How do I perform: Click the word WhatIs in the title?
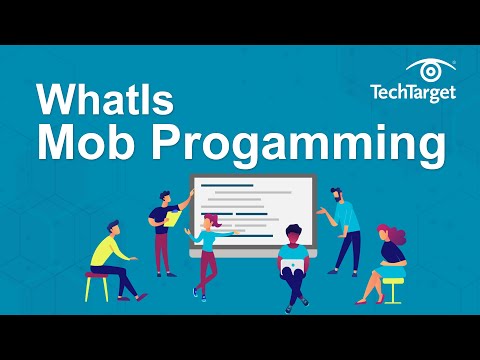click(102, 100)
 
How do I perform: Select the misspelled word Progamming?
click(300, 146)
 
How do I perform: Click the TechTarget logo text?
click(411, 94)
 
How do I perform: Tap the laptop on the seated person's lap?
click(292, 268)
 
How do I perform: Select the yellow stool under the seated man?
click(97, 285)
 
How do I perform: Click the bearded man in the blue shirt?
click(346, 230)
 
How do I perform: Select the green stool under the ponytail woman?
click(393, 286)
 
